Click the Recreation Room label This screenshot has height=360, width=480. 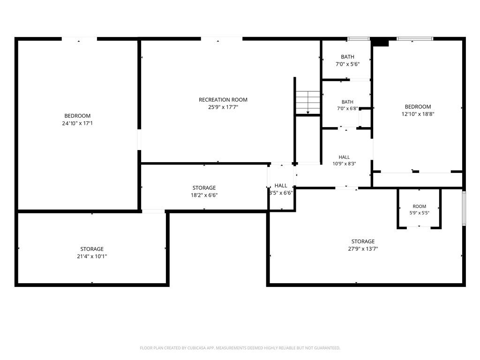(223, 100)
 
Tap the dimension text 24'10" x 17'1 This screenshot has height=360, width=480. (77, 123)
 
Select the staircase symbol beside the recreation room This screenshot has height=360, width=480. (307, 102)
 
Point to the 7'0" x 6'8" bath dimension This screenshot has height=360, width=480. (347, 108)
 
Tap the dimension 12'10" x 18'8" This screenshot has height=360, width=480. (418, 114)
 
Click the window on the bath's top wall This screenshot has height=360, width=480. (359, 39)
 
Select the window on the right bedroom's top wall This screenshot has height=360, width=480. (415, 39)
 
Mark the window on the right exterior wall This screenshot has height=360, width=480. (464, 209)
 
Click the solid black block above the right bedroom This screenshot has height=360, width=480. (380, 42)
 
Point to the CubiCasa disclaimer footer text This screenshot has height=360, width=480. (240, 348)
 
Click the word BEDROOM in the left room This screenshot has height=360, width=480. (77, 116)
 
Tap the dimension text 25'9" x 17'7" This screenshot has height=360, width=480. (223, 107)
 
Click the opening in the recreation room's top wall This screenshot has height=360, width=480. (222, 39)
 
